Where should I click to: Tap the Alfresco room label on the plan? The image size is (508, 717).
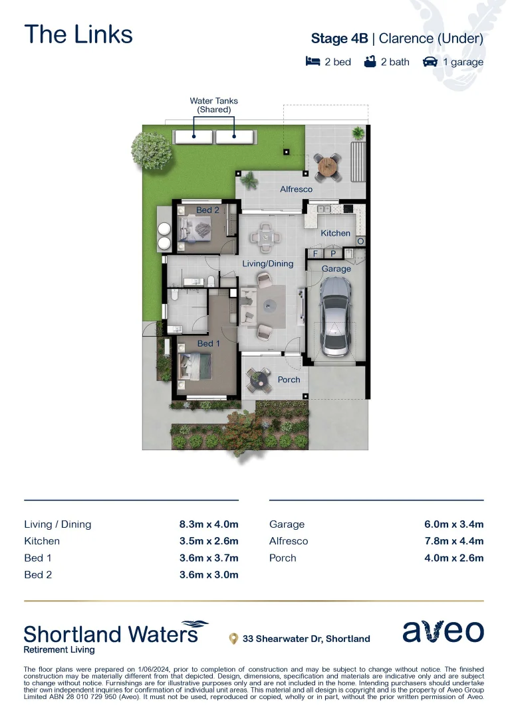[x=296, y=189]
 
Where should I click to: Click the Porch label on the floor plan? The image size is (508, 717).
[x=289, y=380]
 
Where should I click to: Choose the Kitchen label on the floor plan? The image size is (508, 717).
[x=335, y=233]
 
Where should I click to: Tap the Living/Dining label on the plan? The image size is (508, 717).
[x=267, y=264]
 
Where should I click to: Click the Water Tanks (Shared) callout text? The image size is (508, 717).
[x=213, y=105]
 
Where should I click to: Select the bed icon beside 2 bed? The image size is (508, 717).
[x=313, y=62]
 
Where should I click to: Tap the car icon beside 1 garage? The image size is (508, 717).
[x=430, y=62]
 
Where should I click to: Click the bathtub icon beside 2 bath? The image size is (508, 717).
[x=370, y=62]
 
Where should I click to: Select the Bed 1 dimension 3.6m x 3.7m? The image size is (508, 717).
[x=208, y=558]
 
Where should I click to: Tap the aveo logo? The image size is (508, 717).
[x=443, y=631]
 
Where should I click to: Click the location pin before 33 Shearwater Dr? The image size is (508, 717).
[x=233, y=639]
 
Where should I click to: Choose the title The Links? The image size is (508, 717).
[x=78, y=35]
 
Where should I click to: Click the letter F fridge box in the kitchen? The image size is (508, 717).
[x=315, y=254]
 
